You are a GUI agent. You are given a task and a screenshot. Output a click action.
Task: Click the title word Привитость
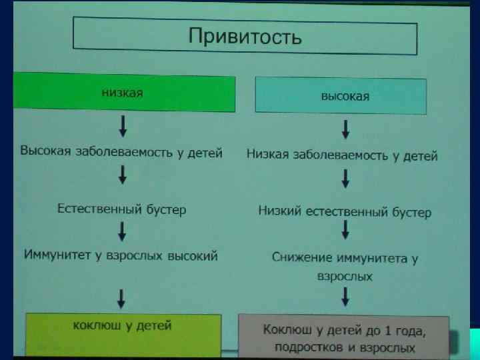245,36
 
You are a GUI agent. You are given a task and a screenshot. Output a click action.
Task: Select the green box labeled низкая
123,93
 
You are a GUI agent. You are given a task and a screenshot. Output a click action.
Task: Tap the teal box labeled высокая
341,96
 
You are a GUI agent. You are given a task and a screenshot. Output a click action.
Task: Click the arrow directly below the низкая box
123,125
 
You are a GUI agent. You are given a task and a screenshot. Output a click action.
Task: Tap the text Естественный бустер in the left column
121,209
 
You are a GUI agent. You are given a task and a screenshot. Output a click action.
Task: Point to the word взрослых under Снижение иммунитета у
345,275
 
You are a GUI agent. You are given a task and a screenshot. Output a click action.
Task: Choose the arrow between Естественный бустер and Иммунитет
123,231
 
